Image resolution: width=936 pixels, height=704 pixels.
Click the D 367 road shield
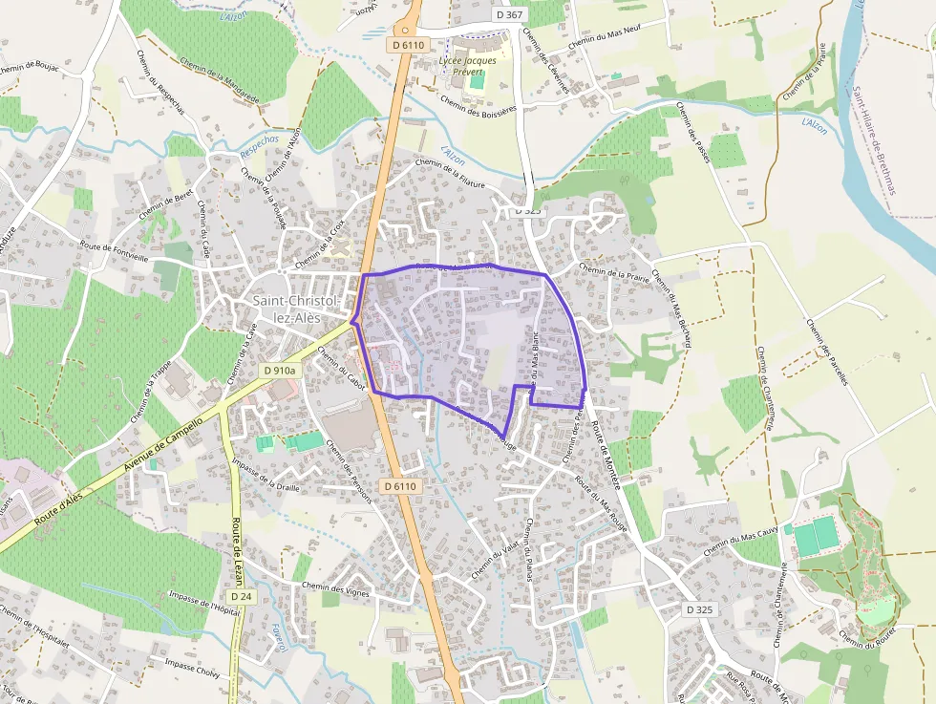point(510,14)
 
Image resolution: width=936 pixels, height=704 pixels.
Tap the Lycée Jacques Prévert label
point(467,66)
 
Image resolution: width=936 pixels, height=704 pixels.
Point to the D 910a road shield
point(280,370)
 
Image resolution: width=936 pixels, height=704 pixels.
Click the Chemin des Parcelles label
point(827,352)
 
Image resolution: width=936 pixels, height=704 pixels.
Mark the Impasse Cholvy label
point(192,666)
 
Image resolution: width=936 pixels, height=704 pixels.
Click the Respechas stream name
point(260,145)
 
